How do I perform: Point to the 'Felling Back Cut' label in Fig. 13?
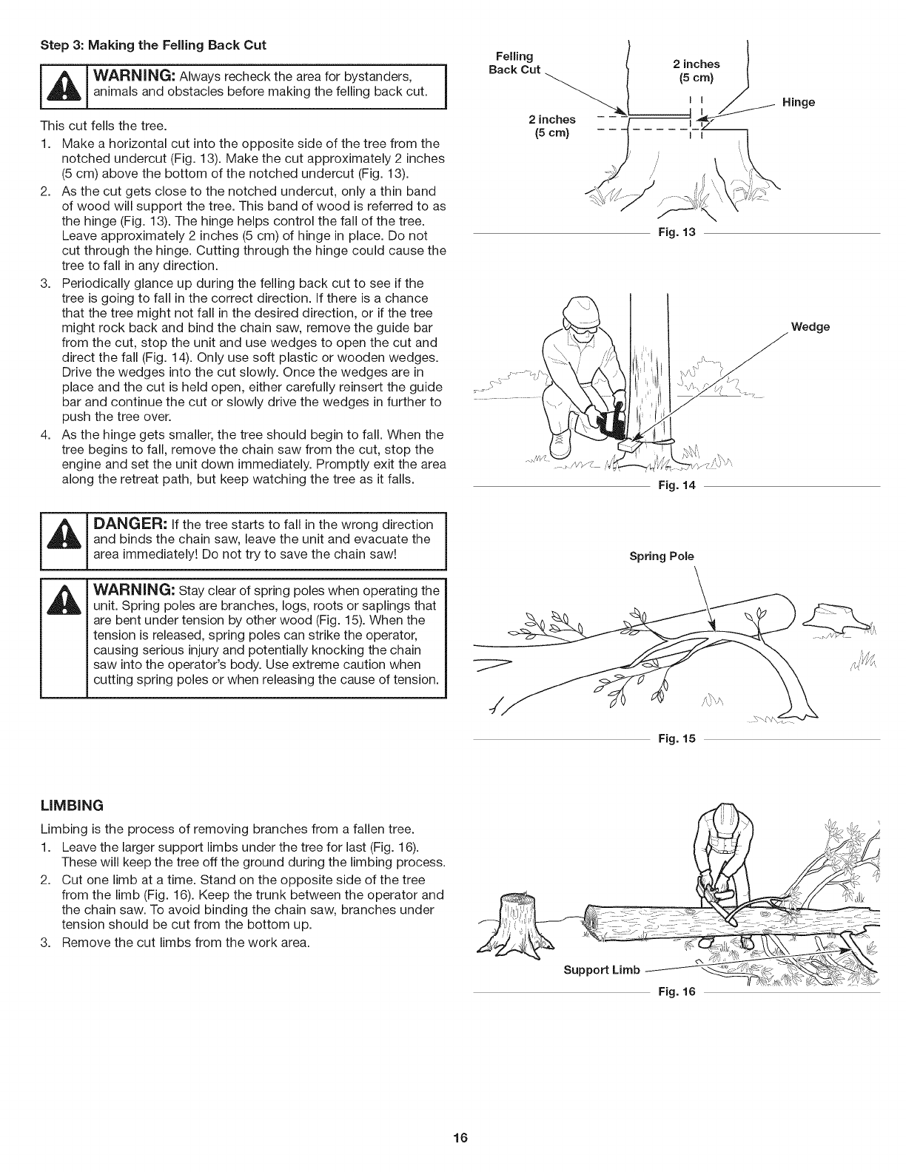(516, 63)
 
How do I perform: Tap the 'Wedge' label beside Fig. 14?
(811, 326)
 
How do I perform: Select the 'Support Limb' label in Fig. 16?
(600, 970)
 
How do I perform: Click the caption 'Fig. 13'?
(677, 233)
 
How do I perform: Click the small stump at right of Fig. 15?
(831, 616)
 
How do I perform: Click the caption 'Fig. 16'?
(677, 991)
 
